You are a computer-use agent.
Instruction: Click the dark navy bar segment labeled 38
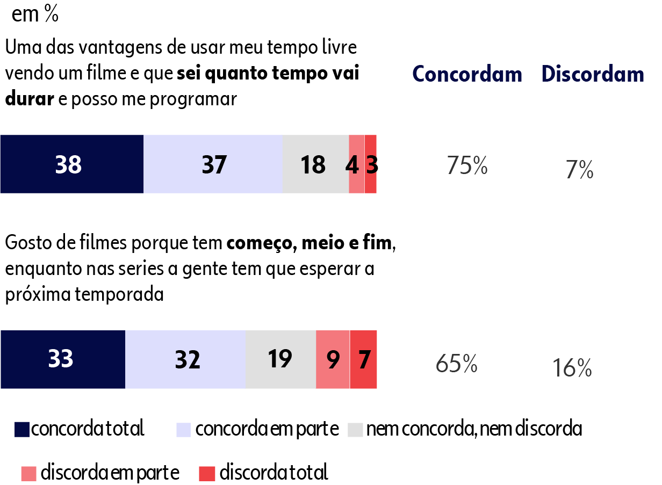coord(71,164)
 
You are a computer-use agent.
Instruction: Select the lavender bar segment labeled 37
coord(213,164)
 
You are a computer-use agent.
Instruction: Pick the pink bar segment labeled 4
coord(356,164)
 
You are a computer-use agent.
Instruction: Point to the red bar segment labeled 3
coord(371,164)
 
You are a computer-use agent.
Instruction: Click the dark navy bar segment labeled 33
coord(62,359)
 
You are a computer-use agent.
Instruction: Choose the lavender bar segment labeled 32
coord(185,359)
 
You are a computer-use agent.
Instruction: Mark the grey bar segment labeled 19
coord(280,359)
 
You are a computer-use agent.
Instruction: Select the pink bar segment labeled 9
coord(333,359)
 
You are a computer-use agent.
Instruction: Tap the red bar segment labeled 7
coord(364,359)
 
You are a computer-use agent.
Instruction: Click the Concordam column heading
coord(467,74)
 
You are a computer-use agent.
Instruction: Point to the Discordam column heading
coord(593,74)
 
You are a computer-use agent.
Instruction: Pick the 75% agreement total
coord(467,166)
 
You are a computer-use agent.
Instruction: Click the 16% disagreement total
coord(572,368)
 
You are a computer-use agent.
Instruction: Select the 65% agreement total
coord(457,364)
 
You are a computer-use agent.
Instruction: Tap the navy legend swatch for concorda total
coord(22,429)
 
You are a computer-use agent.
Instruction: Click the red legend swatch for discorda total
coord(207,474)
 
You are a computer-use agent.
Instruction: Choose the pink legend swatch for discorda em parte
coord(29,474)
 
